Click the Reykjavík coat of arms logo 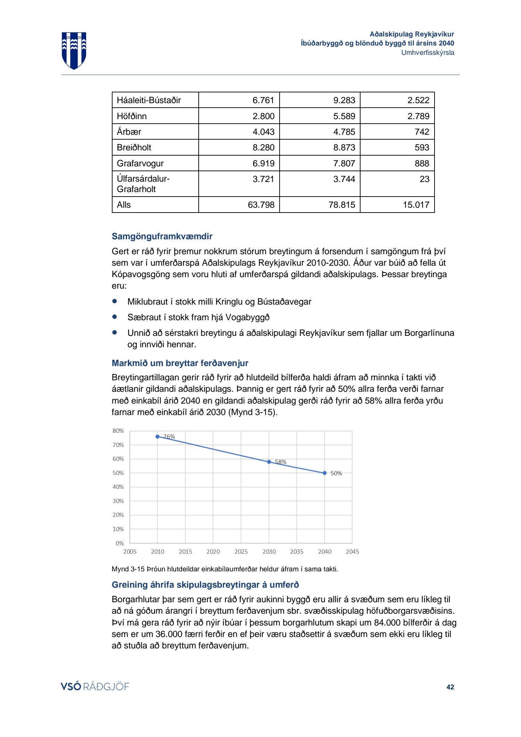coord(74,50)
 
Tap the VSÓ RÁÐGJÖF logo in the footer coord(95,687)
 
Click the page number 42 coord(450,687)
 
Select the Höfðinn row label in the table coord(132,116)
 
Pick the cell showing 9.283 coord(344,100)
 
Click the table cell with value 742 coord(422,132)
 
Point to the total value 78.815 coord(342,205)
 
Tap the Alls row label coord(124,205)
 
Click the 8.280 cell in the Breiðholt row coord(263,148)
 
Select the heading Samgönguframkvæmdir coord(162,237)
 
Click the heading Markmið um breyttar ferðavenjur coord(180,363)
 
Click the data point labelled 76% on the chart coord(157,437)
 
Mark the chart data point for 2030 coord(269,462)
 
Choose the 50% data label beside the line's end coord(336,473)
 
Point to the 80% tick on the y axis coord(118,431)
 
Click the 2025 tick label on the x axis coord(241,552)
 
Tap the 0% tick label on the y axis coord(119,543)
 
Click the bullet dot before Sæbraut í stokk coord(115,317)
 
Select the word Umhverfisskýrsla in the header coord(428,53)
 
